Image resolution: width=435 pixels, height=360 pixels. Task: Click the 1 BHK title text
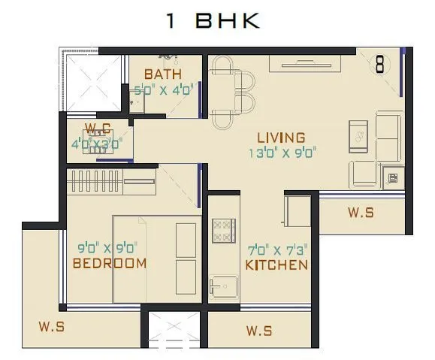[x=213, y=21]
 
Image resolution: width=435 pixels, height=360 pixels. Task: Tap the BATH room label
[x=163, y=74]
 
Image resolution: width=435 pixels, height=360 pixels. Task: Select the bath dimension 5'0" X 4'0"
[x=164, y=89]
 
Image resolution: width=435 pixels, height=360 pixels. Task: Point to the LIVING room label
[x=281, y=138]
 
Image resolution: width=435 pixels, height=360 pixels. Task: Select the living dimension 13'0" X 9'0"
[x=282, y=153]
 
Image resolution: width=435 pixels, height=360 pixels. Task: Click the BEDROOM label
[x=110, y=263]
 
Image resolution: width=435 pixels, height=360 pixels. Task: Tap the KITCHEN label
[x=276, y=265]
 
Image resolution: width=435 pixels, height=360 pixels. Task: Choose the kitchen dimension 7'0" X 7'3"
[x=277, y=249]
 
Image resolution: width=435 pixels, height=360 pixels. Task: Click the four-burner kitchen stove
[x=224, y=230]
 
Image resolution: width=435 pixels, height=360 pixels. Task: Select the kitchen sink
[x=224, y=286]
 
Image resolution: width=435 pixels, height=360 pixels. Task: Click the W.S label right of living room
[x=361, y=213]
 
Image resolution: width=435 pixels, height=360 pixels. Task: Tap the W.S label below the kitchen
[x=258, y=331]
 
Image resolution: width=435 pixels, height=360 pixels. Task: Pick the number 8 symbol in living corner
[x=380, y=65]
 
